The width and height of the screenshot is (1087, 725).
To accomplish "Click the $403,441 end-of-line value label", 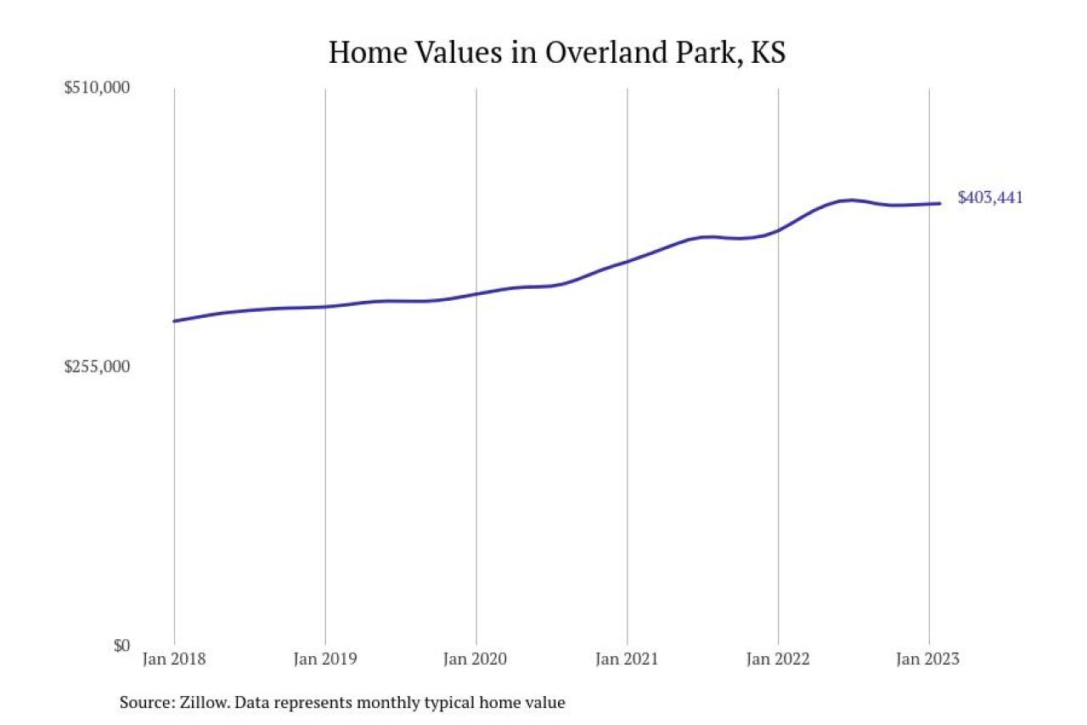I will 990,198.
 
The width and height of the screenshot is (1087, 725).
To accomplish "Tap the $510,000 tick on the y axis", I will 97,88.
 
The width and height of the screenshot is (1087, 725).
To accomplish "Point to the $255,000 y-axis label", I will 97,366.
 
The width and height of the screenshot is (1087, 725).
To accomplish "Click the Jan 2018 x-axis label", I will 174,660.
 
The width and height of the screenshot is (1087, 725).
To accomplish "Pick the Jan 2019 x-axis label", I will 325,660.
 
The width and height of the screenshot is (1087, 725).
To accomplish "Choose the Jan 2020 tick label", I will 476,660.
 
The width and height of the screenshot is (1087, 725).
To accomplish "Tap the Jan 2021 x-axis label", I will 628,660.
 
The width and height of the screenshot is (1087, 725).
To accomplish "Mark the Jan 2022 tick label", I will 778,660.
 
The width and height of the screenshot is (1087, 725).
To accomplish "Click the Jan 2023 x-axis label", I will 929,660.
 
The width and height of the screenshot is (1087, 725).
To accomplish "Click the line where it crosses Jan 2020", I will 476,293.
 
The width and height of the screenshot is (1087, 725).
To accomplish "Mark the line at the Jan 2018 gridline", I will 175,321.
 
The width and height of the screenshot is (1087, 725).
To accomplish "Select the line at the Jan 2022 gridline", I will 778,230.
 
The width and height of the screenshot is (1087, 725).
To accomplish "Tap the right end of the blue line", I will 939,203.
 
